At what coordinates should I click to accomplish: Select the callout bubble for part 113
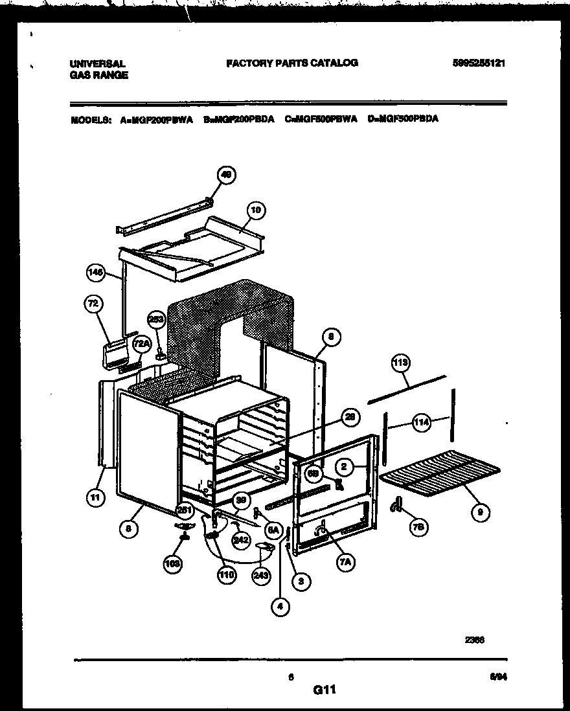pos(400,365)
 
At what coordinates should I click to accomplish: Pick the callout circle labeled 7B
pos(418,527)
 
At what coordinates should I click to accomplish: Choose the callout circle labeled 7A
pos(345,563)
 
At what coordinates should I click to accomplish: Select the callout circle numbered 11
pos(95,497)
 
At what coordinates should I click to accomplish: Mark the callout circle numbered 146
pos(95,273)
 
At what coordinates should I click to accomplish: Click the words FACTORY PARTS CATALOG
pos(291,63)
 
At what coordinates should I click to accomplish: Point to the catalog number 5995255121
pos(479,63)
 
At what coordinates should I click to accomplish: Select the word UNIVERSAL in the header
pos(97,64)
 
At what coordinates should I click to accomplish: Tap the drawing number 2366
pos(475,640)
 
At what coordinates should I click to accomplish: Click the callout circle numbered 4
pos(280,607)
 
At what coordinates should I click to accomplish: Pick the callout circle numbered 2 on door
pos(345,466)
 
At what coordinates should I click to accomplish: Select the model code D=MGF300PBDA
pos(402,119)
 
